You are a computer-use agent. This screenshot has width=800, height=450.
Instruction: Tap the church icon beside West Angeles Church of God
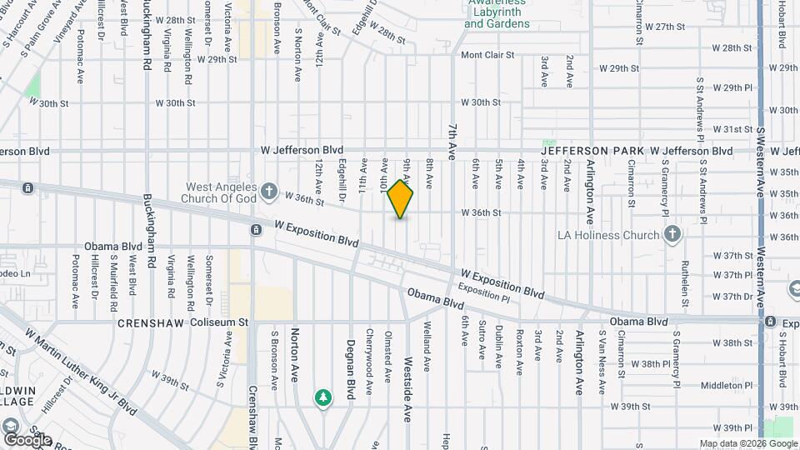[268, 192]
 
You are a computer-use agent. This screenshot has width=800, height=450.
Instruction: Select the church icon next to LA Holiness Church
[672, 235]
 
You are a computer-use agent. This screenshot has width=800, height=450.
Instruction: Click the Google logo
[27, 439]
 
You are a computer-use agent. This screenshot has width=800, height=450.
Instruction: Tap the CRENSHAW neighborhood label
[151, 322]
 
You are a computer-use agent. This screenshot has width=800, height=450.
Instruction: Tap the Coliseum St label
[219, 322]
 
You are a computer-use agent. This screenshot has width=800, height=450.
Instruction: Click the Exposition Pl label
[482, 296]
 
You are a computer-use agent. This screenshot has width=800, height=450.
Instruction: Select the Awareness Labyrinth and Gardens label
[497, 14]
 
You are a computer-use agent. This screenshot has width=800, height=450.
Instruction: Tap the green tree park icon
[322, 397]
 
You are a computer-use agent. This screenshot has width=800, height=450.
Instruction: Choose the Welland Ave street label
[427, 334]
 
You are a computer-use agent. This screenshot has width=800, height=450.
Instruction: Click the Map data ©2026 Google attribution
[747, 443]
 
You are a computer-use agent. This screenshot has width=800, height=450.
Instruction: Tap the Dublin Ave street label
[498, 346]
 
